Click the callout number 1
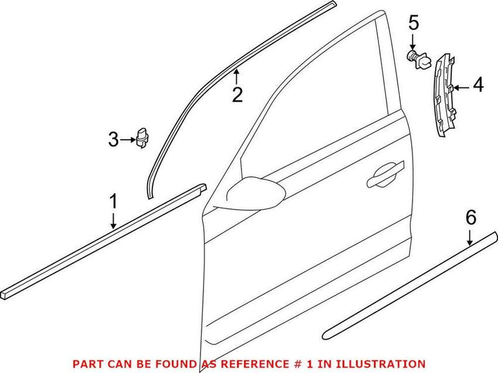tap(113, 202)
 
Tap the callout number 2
tap(237, 95)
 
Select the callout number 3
tap(113, 140)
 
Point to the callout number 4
tap(477, 85)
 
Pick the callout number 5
tap(413, 24)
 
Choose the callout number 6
tap(471, 218)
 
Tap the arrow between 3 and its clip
tap(128, 140)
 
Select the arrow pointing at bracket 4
tap(461, 87)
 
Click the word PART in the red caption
tap(87, 363)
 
